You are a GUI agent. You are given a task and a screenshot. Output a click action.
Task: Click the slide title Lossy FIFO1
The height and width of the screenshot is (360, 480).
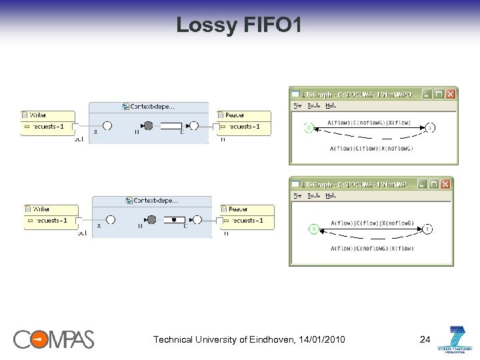(x=239, y=25)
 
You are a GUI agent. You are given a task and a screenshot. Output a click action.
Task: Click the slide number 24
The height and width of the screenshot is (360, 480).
(x=425, y=340)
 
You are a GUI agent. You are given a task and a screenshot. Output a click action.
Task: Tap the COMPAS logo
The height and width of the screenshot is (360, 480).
(x=54, y=339)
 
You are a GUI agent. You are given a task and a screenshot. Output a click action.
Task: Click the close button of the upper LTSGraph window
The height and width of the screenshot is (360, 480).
(x=451, y=94)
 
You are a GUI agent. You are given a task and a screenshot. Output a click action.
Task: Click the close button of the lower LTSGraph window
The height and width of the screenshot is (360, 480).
(x=446, y=183)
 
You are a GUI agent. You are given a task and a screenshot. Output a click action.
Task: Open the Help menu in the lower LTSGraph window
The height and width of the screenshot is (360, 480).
(x=331, y=195)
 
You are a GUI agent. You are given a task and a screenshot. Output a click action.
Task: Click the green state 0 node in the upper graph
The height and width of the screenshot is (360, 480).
(x=309, y=127)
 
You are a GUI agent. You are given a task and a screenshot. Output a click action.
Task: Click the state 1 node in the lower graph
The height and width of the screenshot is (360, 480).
(x=427, y=229)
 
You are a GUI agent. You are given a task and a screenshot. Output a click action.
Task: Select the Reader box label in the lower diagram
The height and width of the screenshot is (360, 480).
(x=238, y=209)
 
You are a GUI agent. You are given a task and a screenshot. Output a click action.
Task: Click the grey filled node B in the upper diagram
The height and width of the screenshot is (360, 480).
(x=148, y=125)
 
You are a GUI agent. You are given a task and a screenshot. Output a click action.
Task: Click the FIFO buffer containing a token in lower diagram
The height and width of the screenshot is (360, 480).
(x=174, y=219)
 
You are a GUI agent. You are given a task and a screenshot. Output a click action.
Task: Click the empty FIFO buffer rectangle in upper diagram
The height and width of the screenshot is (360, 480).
(x=171, y=125)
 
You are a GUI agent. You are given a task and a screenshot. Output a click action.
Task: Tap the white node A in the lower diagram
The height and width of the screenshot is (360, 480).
(x=111, y=219)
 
